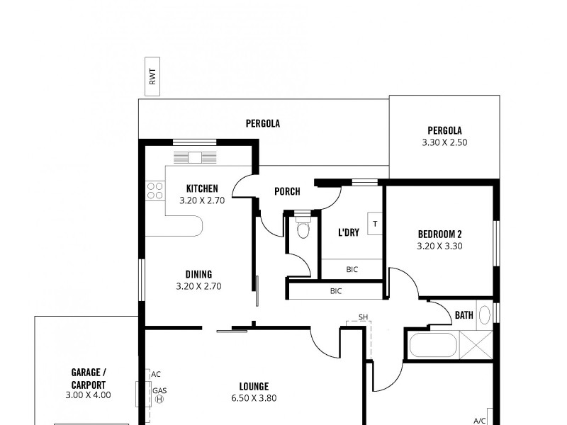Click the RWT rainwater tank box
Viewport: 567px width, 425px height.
pyautogui.click(x=152, y=76)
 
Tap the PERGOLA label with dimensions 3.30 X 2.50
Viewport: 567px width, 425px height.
pyautogui.click(x=444, y=136)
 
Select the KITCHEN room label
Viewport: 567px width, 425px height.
pyautogui.click(x=202, y=188)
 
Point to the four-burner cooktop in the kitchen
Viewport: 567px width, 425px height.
pyautogui.click(x=155, y=191)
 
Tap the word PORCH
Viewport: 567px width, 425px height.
pyautogui.click(x=287, y=191)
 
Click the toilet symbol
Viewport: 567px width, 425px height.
pyautogui.click(x=303, y=229)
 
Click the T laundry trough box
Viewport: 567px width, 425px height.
pyautogui.click(x=376, y=225)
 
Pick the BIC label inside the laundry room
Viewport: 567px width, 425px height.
pyautogui.click(x=352, y=269)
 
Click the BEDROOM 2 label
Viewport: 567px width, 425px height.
pyautogui.click(x=439, y=234)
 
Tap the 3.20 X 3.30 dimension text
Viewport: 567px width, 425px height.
pyautogui.click(x=439, y=246)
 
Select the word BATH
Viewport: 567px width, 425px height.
pyautogui.click(x=464, y=315)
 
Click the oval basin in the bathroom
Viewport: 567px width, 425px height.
pyautogui.click(x=485, y=314)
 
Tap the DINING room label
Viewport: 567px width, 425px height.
pyautogui.click(x=198, y=274)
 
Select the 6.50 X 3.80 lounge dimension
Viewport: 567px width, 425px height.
pyautogui.click(x=253, y=398)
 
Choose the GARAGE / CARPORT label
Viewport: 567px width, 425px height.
pyautogui.click(x=89, y=378)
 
